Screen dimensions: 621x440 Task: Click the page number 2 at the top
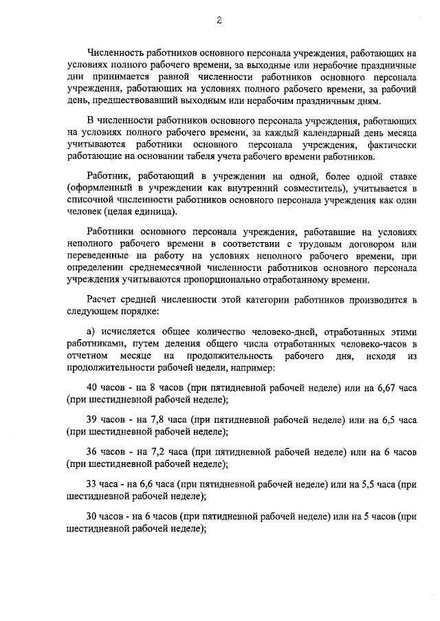coord(219,20)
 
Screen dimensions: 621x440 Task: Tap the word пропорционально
coord(263,281)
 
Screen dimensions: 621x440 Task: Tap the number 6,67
coord(390,388)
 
